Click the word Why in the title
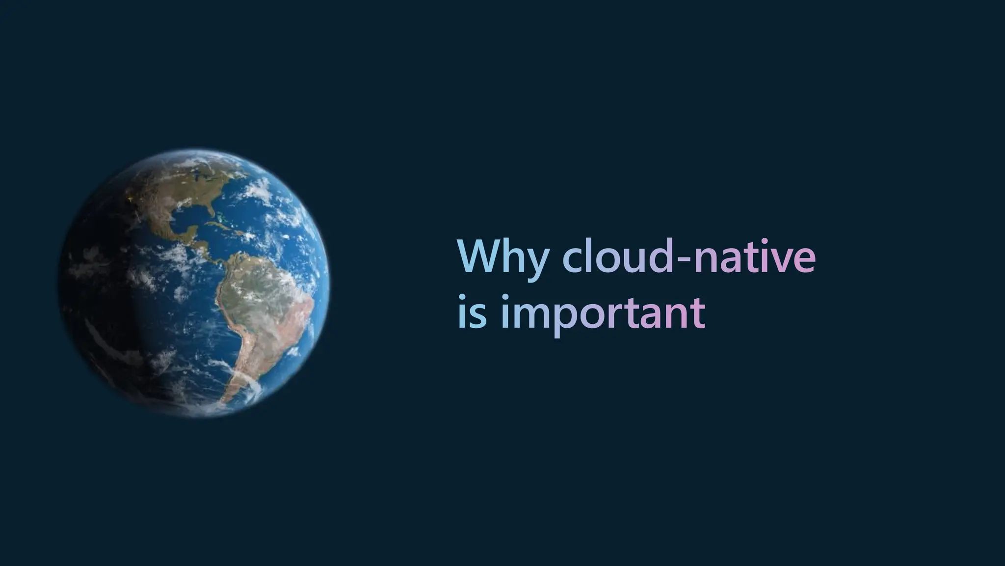[x=501, y=256]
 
